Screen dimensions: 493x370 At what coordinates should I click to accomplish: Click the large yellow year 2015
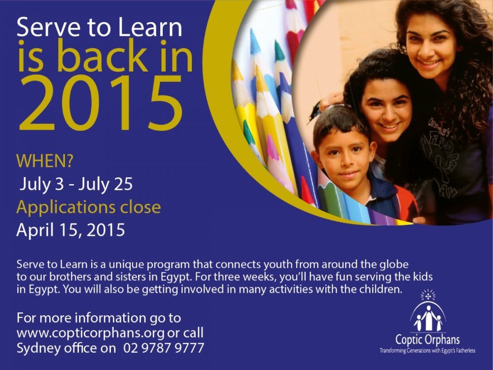(101, 103)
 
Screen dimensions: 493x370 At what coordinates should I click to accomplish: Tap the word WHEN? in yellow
(45, 161)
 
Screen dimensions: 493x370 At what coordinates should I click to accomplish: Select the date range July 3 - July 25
(76, 185)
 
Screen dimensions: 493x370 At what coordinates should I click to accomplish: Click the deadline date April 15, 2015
(70, 230)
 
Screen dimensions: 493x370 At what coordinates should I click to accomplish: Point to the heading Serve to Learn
(100, 27)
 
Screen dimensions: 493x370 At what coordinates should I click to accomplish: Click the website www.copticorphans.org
(91, 333)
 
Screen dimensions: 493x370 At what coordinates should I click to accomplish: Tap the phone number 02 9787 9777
(164, 348)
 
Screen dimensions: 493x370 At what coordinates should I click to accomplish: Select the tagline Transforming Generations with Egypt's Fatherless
(427, 350)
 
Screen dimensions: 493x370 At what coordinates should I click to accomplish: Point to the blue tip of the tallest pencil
(255, 41)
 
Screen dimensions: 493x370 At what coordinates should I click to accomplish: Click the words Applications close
(89, 208)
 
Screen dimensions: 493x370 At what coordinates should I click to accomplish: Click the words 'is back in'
(106, 56)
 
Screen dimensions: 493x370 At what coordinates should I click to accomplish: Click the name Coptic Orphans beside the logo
(427, 340)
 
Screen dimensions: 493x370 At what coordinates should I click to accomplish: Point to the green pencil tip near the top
(279, 50)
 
